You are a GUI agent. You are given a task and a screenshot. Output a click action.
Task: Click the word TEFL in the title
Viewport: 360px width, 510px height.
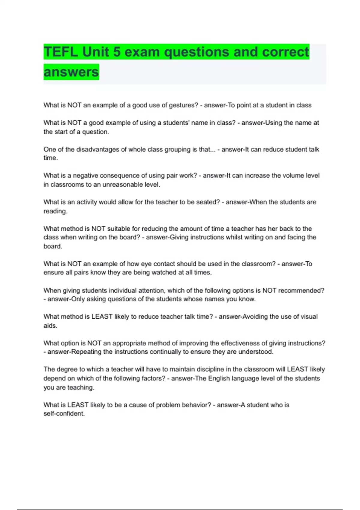pos(61,52)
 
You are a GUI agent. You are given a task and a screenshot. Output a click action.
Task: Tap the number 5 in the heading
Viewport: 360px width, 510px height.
pos(117,52)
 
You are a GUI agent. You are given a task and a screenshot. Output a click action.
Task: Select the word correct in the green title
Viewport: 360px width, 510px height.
pos(285,52)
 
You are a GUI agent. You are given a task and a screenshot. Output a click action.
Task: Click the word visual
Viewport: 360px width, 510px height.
pos(307,316)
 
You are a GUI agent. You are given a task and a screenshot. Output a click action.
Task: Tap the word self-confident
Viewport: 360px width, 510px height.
pos(64,413)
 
